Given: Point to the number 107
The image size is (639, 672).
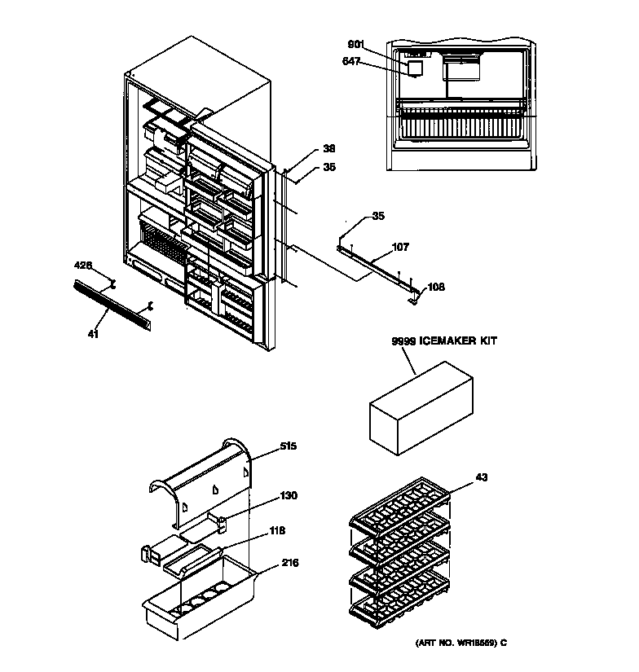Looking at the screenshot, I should [x=401, y=247].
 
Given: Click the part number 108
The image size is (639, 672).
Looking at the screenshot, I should [x=437, y=287].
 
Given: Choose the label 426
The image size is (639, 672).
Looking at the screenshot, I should [x=83, y=266].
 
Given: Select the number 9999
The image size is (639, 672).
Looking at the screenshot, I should [x=403, y=342].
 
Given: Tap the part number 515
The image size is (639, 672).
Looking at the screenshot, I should [x=288, y=446].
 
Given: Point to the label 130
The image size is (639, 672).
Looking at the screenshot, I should [x=289, y=495].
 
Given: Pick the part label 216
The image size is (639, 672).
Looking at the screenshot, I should [x=289, y=562].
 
